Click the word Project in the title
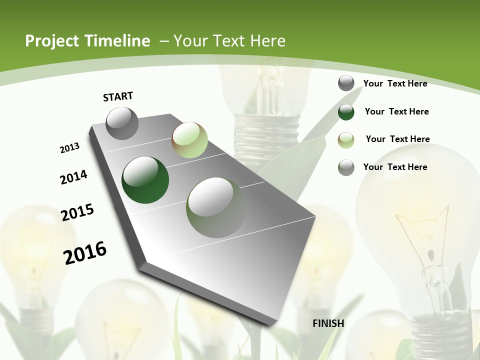52,41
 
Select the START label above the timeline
118,96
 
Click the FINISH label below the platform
328,323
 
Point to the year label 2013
70,148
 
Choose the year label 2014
74,177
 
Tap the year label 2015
77,212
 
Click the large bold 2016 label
85,252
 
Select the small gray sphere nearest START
122,123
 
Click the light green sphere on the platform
189,140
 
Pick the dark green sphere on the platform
145,180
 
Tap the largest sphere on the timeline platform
216,207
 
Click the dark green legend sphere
346,112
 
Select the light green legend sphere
346,139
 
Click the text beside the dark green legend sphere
396,111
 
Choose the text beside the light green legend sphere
397,139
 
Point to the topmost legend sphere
346,83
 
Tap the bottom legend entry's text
395,167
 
